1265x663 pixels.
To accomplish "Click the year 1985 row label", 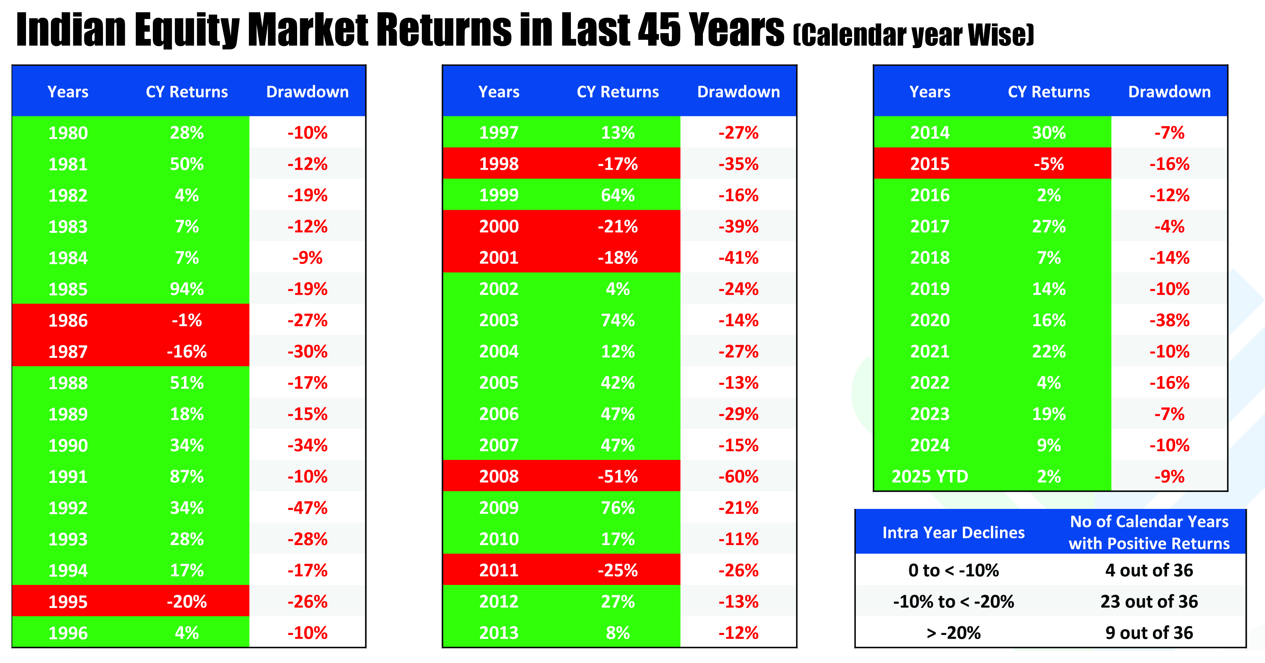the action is [x=68, y=289].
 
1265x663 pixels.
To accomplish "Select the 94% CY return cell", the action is [x=187, y=289].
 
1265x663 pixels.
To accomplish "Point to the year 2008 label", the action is [x=499, y=476].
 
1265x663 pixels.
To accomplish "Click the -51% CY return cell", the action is [x=618, y=476].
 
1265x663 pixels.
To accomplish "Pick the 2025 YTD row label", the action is [x=930, y=476].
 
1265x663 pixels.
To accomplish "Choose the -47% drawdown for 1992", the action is [x=308, y=508].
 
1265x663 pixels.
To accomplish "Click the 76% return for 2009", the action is [x=618, y=508].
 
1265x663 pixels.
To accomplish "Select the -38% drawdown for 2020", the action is [x=1169, y=320].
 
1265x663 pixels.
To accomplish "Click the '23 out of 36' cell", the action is [x=1149, y=601].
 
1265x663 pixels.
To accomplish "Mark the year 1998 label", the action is [x=499, y=164].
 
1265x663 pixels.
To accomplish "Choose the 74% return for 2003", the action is [x=618, y=320].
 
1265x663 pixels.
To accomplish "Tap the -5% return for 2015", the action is [x=1049, y=164].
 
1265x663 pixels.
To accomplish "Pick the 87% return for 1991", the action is [x=187, y=476].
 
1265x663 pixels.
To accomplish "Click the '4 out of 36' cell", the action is [x=1149, y=570].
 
